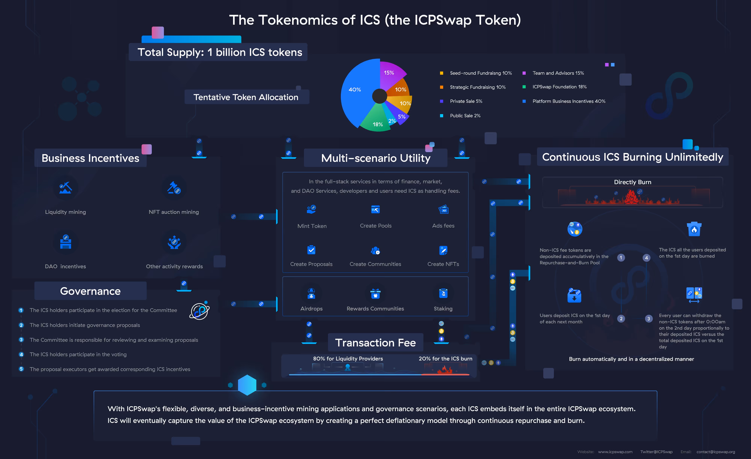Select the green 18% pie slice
pos(376,120)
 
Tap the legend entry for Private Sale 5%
pos(466,101)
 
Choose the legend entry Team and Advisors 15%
pos(558,73)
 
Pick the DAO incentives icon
pos(66,242)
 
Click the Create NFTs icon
pos(443,250)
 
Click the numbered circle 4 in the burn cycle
pos(646,258)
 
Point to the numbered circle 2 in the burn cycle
pos(621,319)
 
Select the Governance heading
pos(90,291)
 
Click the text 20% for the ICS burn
pos(445,358)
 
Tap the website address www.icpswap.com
pos(615,452)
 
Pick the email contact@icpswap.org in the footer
pos(716,452)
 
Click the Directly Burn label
pos(633,182)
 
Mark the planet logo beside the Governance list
pos(200,311)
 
